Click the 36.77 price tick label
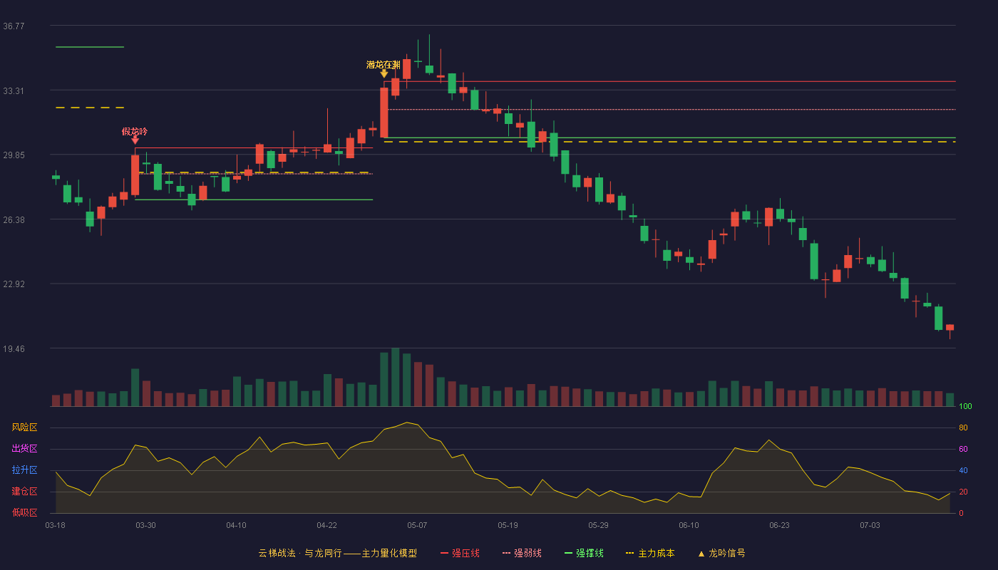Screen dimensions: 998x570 point(14,26)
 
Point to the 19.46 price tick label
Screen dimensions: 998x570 point(14,348)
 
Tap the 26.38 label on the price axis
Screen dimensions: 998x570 point(14,220)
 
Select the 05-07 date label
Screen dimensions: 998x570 point(417,526)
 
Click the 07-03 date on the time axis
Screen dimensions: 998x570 point(870,526)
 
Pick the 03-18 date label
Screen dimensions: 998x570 point(56,526)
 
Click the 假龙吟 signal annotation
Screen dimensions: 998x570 point(135,131)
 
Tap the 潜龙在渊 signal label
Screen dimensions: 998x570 point(384,65)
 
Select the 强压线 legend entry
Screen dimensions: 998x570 point(460,553)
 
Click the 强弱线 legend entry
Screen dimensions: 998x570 point(522,553)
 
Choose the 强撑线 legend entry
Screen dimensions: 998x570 point(584,553)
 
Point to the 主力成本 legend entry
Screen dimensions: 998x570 point(650,553)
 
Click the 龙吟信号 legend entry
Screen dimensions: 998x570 point(721,553)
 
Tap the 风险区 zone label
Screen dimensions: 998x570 point(24,427)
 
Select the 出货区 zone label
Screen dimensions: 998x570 point(24,448)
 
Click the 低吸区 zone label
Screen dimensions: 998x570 point(24,512)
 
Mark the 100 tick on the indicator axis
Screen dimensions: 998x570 point(965,406)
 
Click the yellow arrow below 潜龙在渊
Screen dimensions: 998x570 point(384,73)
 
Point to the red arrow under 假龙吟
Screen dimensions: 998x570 point(135,140)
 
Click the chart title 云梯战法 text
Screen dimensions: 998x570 point(277,553)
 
